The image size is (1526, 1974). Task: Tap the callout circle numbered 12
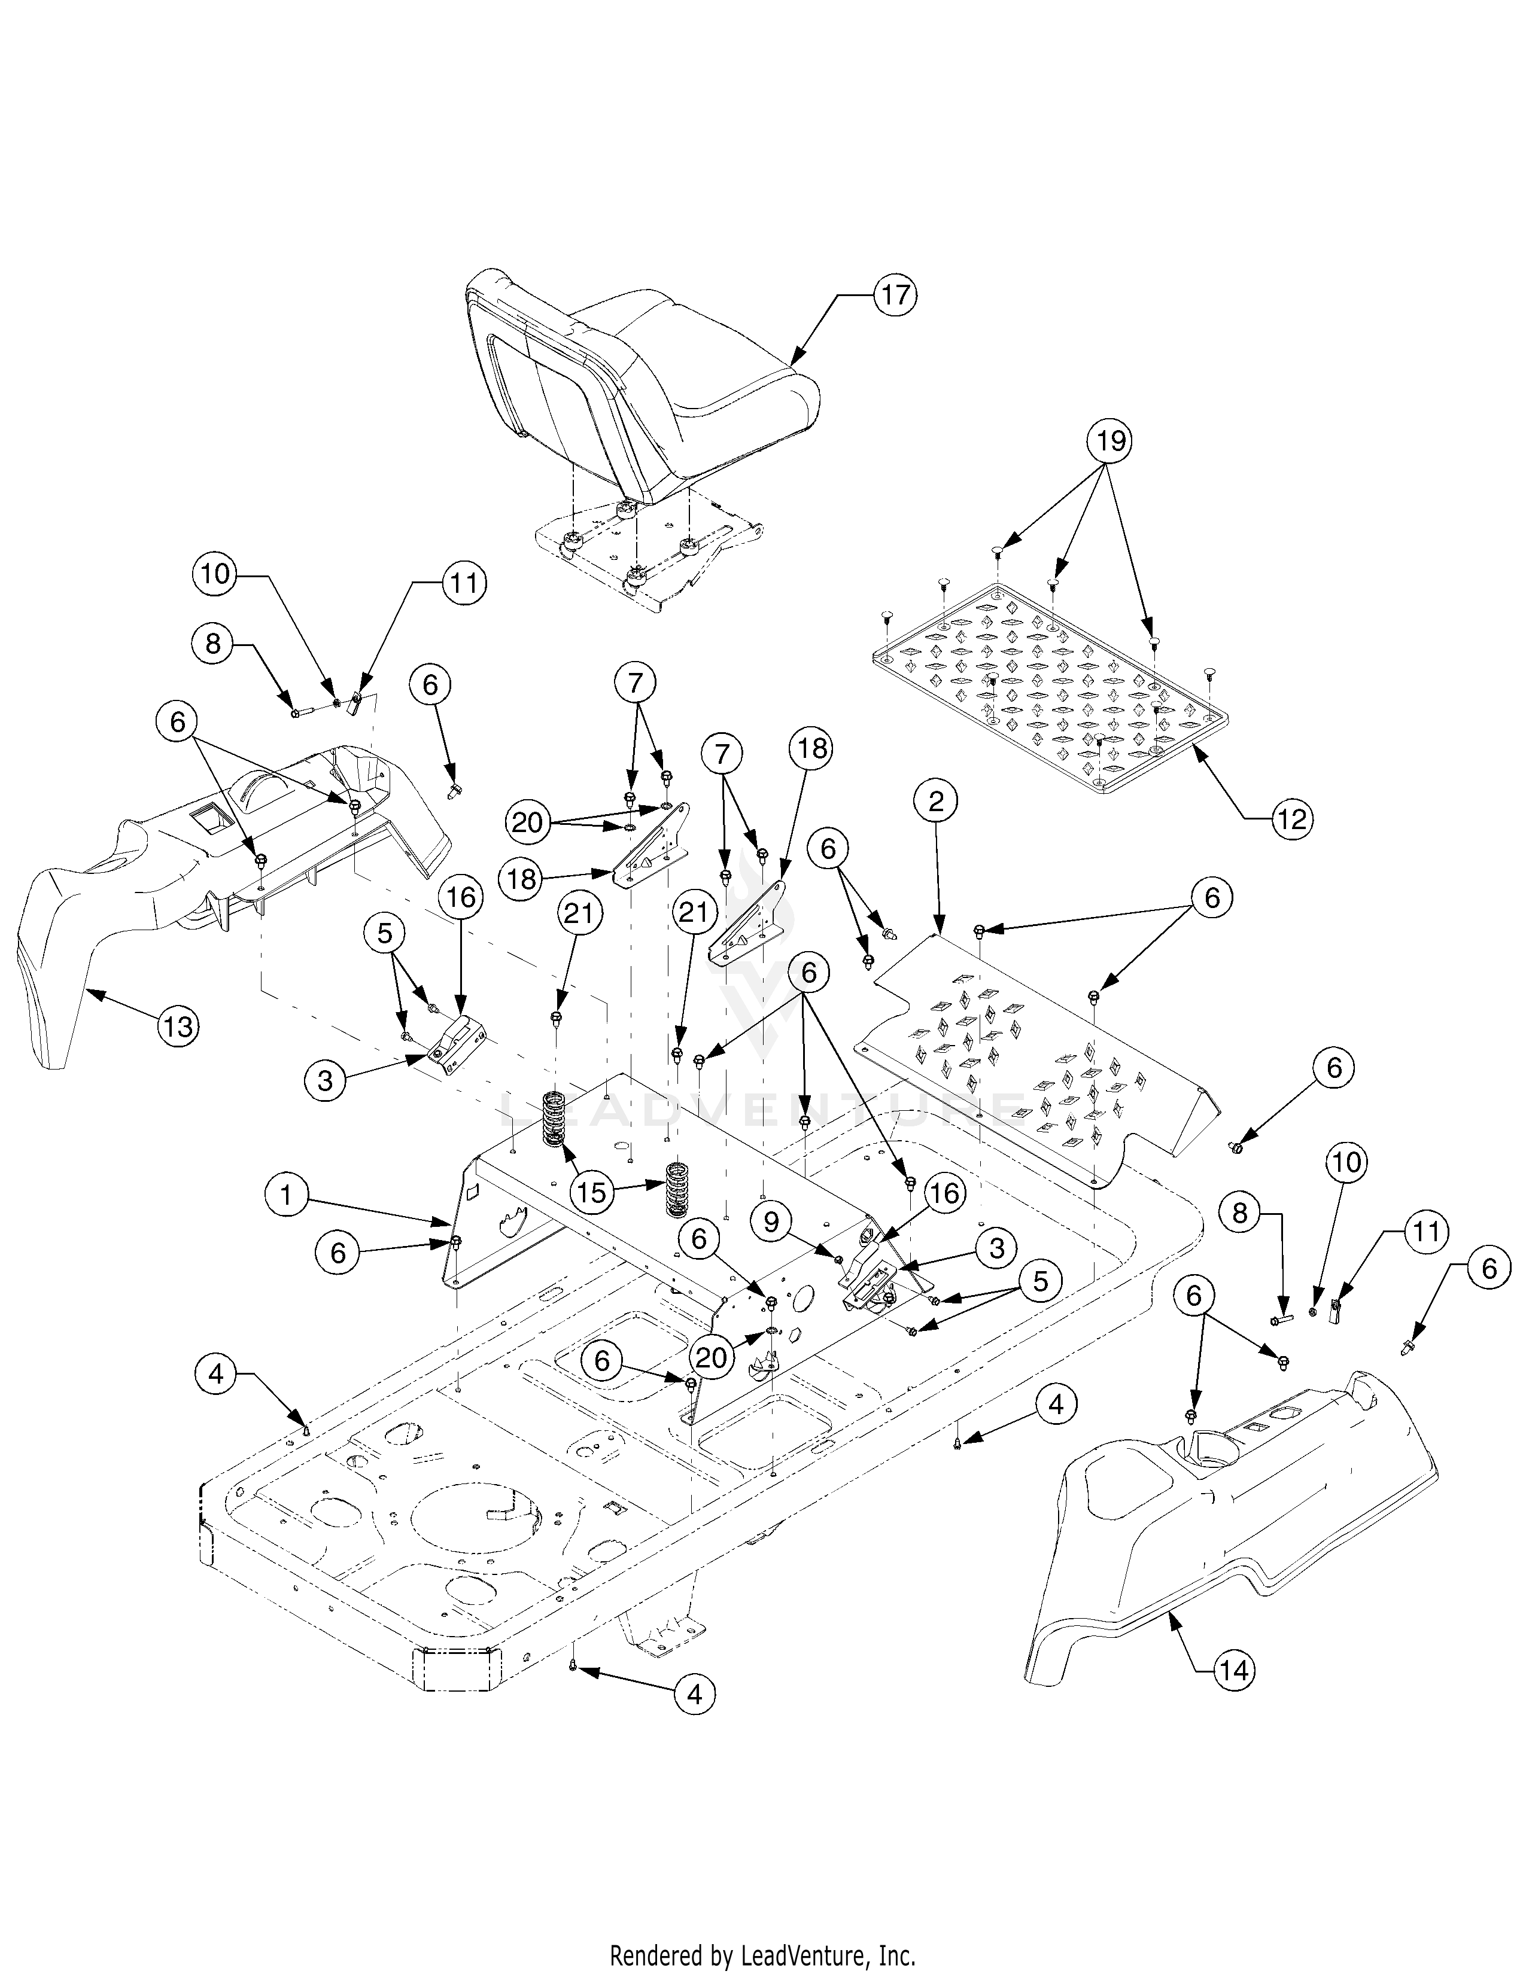click(1290, 819)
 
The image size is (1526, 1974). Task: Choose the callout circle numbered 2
click(936, 801)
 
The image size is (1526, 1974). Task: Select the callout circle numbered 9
click(771, 1222)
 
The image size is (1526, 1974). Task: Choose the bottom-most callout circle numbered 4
click(694, 1695)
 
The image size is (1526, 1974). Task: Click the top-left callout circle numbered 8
click(212, 644)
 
